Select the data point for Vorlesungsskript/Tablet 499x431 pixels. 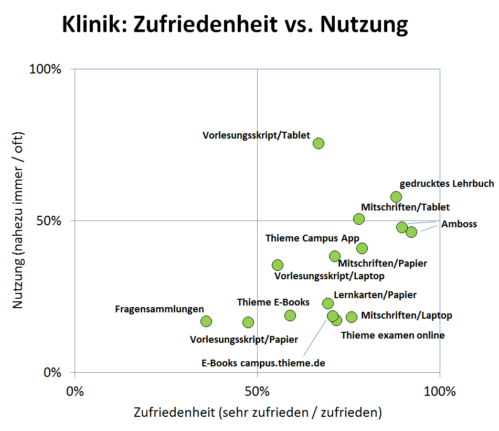click(318, 143)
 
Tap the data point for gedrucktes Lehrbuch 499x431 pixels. click(396, 197)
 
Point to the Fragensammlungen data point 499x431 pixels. click(206, 321)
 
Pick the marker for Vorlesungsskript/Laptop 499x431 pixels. click(278, 265)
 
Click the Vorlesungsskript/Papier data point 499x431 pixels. click(248, 322)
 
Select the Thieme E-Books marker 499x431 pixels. click(290, 316)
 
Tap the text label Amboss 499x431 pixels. click(459, 224)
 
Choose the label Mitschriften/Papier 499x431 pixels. click(382, 263)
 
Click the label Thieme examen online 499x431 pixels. click(392, 335)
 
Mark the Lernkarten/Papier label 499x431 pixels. click(375, 295)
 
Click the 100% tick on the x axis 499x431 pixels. click(439, 392)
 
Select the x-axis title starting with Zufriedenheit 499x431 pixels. click(257, 412)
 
